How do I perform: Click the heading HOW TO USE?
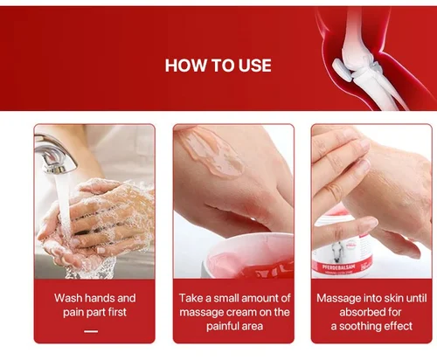(218, 66)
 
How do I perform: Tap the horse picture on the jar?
(337, 252)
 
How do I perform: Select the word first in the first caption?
(117, 312)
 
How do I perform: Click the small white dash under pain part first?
(91, 331)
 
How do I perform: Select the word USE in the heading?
(255, 66)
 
